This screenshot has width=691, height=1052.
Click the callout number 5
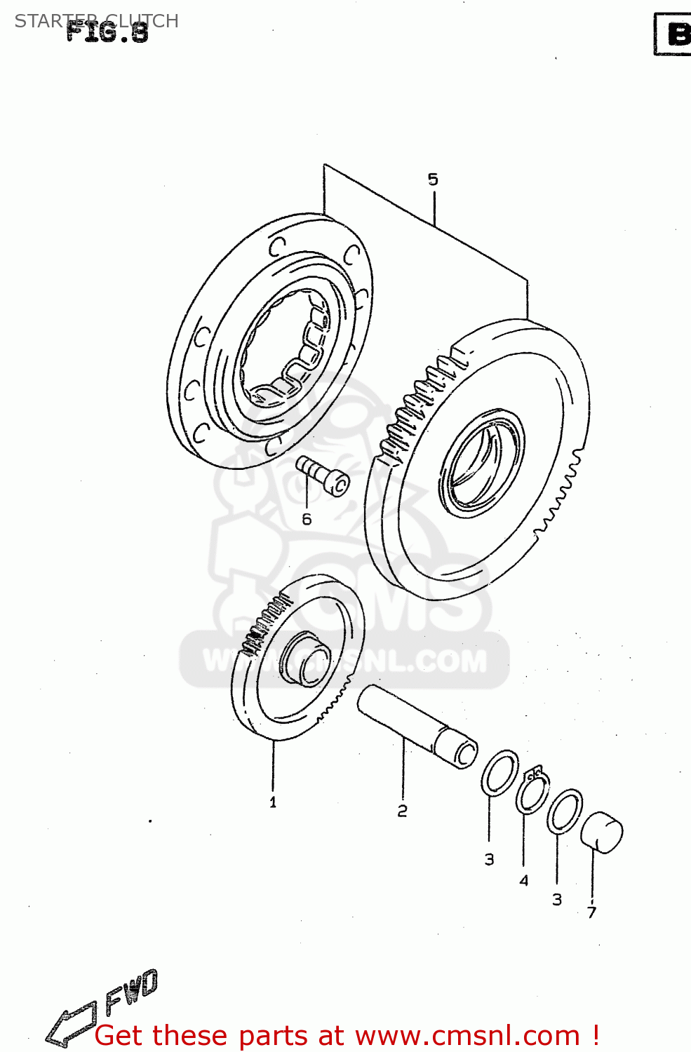click(433, 180)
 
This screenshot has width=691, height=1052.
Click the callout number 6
click(307, 520)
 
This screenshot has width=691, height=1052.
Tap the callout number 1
click(273, 802)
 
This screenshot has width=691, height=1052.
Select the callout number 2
click(402, 811)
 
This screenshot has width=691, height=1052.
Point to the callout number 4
click(523, 880)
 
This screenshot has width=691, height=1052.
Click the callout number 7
click(591, 912)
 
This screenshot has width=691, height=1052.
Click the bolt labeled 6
click(323, 476)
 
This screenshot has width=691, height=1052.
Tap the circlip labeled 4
click(533, 793)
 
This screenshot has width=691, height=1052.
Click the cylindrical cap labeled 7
click(602, 832)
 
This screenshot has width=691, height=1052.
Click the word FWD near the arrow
click(132, 992)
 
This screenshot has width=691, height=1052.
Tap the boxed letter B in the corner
click(675, 34)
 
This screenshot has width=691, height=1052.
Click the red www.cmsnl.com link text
click(467, 1036)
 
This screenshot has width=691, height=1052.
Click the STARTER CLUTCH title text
click(96, 20)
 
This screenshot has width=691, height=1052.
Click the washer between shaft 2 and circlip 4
click(499, 773)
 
